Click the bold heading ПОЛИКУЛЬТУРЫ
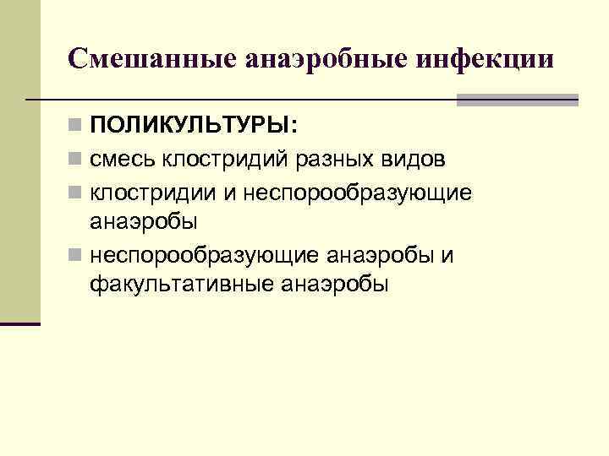194,127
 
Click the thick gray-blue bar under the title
517,100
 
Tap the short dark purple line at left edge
20,323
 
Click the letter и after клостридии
229,193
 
